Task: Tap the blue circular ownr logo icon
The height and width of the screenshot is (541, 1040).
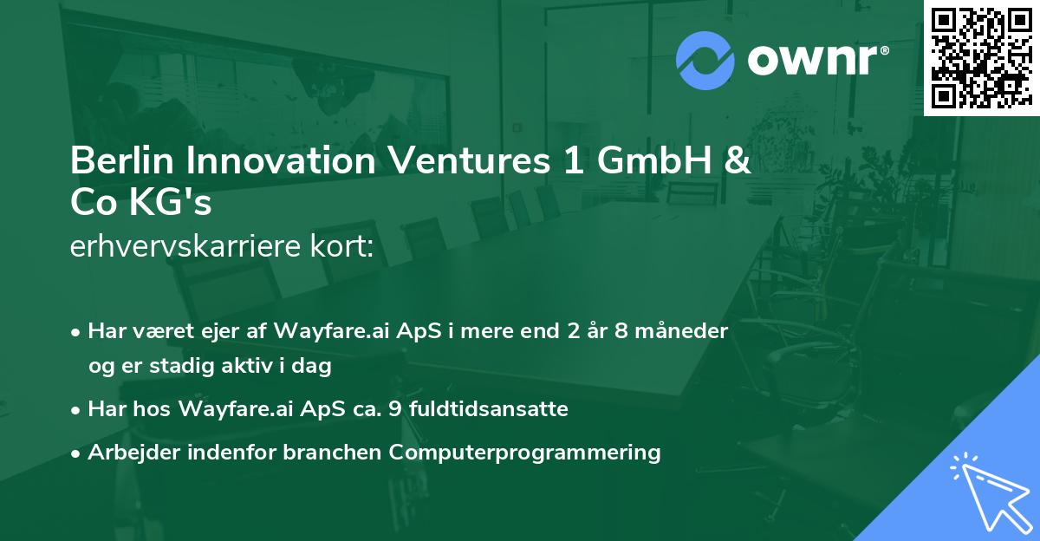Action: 705,61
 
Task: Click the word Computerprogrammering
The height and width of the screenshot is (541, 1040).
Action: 525,453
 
